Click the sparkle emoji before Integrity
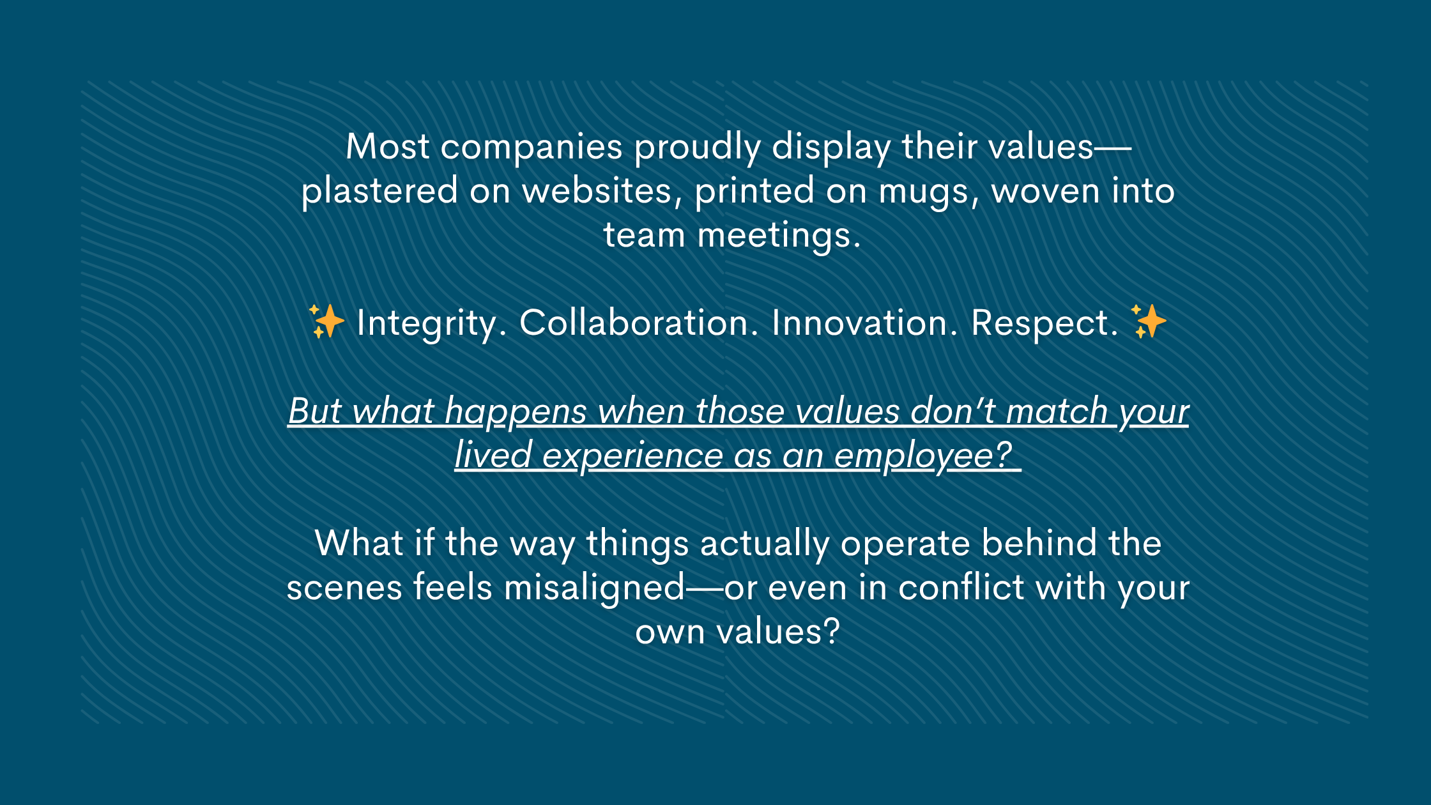[x=326, y=321]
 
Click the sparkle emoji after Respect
[x=1148, y=321]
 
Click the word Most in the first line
[x=387, y=147]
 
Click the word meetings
[x=778, y=236]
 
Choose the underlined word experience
[x=632, y=456]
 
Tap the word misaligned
[x=594, y=588]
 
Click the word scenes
[x=344, y=588]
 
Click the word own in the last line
[x=670, y=632]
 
